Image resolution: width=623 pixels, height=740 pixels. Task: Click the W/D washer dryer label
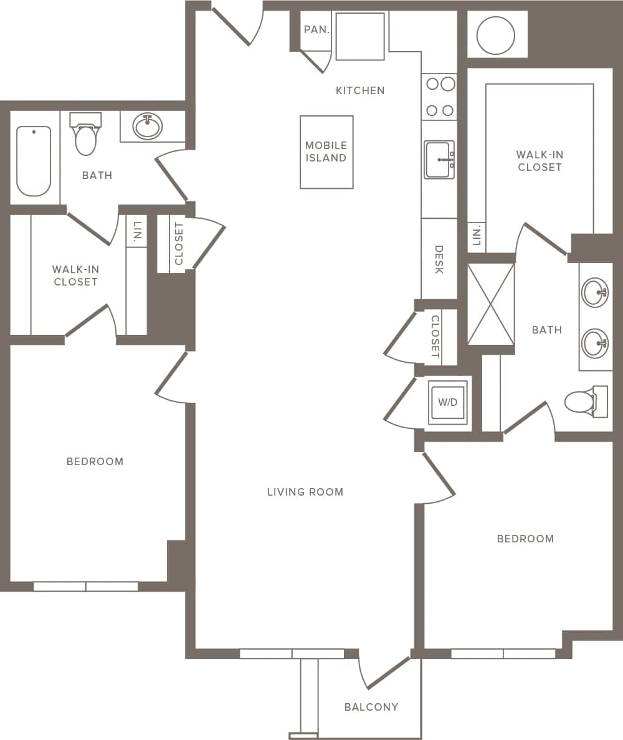click(x=447, y=403)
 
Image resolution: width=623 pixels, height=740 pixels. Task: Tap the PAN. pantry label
click(x=316, y=29)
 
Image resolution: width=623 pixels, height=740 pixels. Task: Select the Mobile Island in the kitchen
click(x=326, y=152)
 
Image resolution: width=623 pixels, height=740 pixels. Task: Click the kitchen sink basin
click(x=439, y=160)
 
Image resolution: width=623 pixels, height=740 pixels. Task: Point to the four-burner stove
click(x=439, y=97)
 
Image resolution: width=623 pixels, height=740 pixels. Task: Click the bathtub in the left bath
click(x=34, y=160)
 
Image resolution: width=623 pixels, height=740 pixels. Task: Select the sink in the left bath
click(x=148, y=127)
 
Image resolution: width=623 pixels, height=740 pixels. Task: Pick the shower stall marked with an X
click(x=491, y=304)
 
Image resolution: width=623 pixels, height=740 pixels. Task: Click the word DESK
click(x=439, y=259)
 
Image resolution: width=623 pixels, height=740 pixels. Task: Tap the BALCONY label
click(x=371, y=707)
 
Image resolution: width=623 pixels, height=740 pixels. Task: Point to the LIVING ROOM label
click(x=305, y=492)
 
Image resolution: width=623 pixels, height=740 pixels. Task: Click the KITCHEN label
click(x=360, y=90)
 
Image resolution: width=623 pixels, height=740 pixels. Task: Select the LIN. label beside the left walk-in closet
click(x=137, y=231)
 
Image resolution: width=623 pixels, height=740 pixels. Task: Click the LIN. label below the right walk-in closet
click(x=477, y=238)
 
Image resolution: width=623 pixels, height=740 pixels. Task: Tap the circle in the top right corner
click(x=495, y=35)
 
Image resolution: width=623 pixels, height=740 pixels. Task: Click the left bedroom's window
click(x=86, y=587)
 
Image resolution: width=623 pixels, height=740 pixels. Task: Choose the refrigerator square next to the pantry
click(x=360, y=36)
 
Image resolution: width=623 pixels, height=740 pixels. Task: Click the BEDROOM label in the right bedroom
click(x=525, y=539)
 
